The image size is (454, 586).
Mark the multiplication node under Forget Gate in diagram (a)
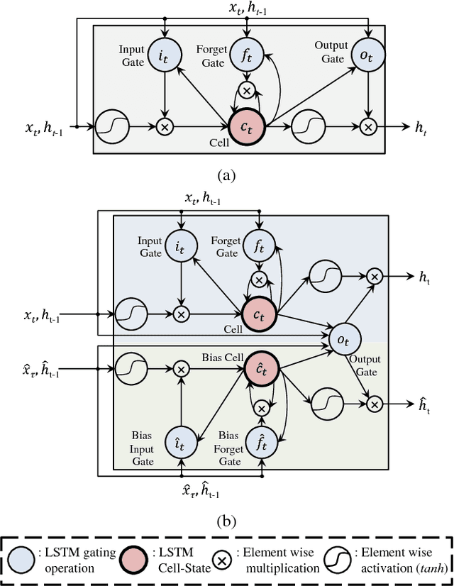(x=246, y=90)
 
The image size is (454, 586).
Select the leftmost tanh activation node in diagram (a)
(x=110, y=127)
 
